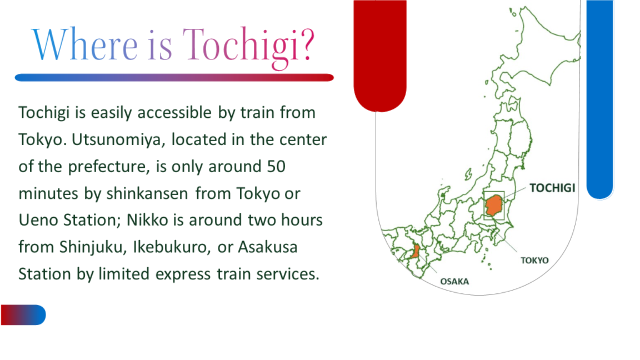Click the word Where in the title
pyautogui.click(x=86, y=44)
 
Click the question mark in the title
pyautogui.click(x=306, y=44)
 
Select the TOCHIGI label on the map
pyautogui.click(x=552, y=188)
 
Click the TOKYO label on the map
pyautogui.click(x=534, y=261)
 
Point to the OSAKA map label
pyautogui.click(x=454, y=282)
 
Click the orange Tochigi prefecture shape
pyautogui.click(x=493, y=205)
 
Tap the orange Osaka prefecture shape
pyautogui.click(x=416, y=251)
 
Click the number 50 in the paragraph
pyautogui.click(x=276, y=167)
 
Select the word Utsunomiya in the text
pyautogui.click(x=119, y=140)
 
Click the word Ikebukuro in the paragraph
pyautogui.click(x=172, y=247)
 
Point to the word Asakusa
pyautogui.click(x=268, y=247)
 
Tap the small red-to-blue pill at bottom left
pyautogui.click(x=23, y=314)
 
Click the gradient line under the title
pyautogui.click(x=174, y=78)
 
